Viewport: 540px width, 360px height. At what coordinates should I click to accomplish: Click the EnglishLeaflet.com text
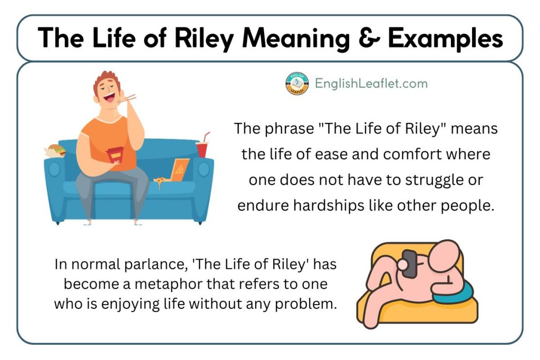(371, 83)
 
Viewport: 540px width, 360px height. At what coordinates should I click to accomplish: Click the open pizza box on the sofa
(179, 170)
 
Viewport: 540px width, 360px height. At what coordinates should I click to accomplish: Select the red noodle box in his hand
(113, 154)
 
